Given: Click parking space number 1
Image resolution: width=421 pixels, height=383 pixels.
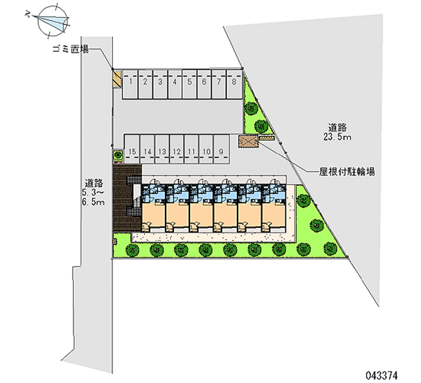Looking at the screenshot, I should [x=130, y=84].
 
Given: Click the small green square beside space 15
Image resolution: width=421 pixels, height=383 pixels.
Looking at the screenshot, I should [x=118, y=155].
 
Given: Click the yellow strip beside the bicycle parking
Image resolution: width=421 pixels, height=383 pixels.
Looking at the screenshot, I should [x=266, y=138].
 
